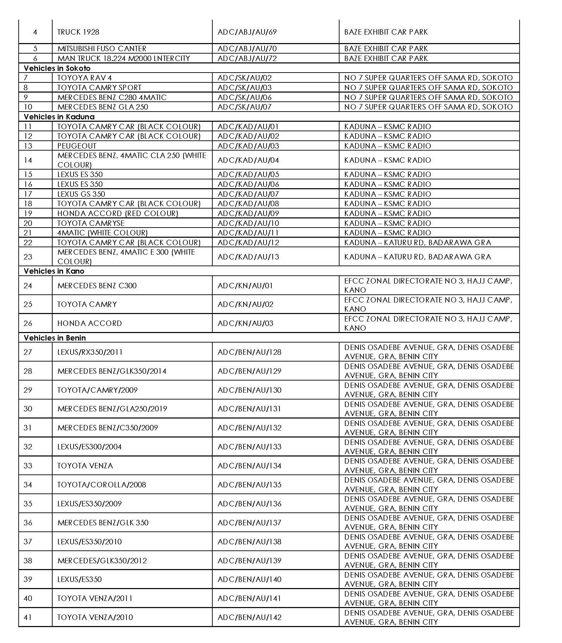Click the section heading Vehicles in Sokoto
pyautogui.click(x=57, y=68)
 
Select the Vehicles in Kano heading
pyautogui.click(x=54, y=271)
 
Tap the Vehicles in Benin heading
pyautogui.click(x=55, y=338)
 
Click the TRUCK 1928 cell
pyautogui.click(x=78, y=32)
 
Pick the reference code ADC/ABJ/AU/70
pyautogui.click(x=247, y=48)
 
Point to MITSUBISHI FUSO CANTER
pyautogui.click(x=102, y=48)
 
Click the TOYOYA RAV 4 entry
pyautogui.click(x=84, y=78)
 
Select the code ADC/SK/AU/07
pyautogui.click(x=245, y=107)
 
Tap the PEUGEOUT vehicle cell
pyautogui.click(x=77, y=146)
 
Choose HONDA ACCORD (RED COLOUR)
pyautogui.click(x=118, y=213)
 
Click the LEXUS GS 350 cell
pyautogui.click(x=81, y=194)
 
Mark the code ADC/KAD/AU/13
pyautogui.click(x=248, y=257)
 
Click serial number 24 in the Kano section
pyautogui.click(x=28, y=286)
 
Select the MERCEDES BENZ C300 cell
pyautogui.click(x=97, y=286)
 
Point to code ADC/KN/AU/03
pyautogui.click(x=245, y=323)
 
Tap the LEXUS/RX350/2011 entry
pyautogui.click(x=90, y=352)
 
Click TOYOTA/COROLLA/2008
pyautogui.click(x=102, y=485)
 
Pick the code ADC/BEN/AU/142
pyautogui.click(x=249, y=617)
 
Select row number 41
pyautogui.click(x=28, y=617)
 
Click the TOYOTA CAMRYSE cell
pyautogui.click(x=91, y=223)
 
